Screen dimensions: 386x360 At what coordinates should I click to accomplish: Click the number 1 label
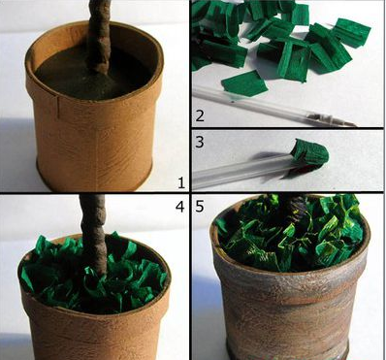tap(181, 183)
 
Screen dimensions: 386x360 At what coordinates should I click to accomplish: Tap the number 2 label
tap(200, 115)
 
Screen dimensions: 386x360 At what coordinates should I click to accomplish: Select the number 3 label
tap(200, 142)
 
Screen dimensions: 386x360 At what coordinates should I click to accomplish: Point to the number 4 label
tap(179, 207)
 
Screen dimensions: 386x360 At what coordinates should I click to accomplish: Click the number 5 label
tap(200, 207)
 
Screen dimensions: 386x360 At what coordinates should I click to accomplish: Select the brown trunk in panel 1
tap(98, 37)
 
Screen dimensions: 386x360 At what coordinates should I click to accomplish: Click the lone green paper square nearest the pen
tap(244, 83)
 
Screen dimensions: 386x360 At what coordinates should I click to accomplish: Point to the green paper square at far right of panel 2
tap(351, 33)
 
